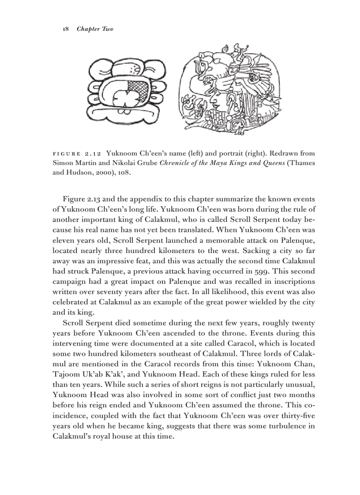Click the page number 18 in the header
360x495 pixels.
(x=65, y=29)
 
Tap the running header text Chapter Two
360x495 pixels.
(x=95, y=29)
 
